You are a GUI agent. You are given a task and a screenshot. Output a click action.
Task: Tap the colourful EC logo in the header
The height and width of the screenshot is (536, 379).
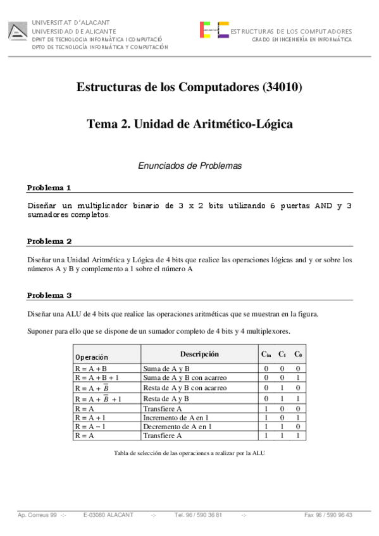(214, 30)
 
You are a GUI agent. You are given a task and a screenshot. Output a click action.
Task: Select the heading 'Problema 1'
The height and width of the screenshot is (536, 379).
(49, 188)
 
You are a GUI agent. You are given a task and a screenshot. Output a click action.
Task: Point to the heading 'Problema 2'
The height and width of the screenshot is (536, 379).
(49, 241)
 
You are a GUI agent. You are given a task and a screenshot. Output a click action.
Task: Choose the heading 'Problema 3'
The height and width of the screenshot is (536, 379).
(49, 295)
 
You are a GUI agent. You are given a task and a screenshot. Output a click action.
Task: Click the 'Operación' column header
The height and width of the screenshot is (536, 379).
(92, 357)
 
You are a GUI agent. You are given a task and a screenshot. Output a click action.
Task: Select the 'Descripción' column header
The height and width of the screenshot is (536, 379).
(199, 354)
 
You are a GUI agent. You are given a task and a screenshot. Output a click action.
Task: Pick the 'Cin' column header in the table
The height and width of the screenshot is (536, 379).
(266, 355)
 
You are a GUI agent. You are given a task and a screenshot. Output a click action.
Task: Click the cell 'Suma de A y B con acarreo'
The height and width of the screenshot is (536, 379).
(185, 377)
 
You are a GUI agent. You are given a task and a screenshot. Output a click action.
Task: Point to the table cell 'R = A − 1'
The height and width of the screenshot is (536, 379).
(92, 427)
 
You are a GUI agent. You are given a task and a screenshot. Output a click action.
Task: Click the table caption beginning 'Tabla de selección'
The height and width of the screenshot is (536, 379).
(189, 453)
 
